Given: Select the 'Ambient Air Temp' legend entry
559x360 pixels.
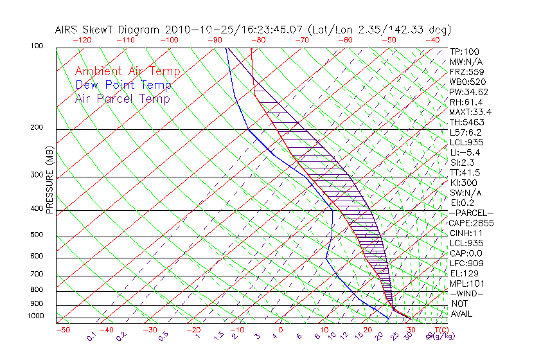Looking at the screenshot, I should point(127,71).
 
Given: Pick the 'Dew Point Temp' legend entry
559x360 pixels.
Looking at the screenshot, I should point(123,85).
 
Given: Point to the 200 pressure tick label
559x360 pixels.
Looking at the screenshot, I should point(37,128).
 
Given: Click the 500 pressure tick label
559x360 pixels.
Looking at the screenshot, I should point(37,235).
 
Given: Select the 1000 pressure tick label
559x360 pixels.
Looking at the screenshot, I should point(35,316).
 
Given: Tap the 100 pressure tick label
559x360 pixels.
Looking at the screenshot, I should point(37,46).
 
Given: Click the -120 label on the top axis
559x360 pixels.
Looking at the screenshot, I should point(82,40).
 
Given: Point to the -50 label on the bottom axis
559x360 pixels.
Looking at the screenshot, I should point(62,330).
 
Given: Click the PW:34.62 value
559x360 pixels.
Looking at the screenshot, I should point(466,92).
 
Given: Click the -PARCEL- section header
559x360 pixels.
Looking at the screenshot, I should point(471,213).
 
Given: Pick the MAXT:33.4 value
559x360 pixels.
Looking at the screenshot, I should point(469,112).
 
